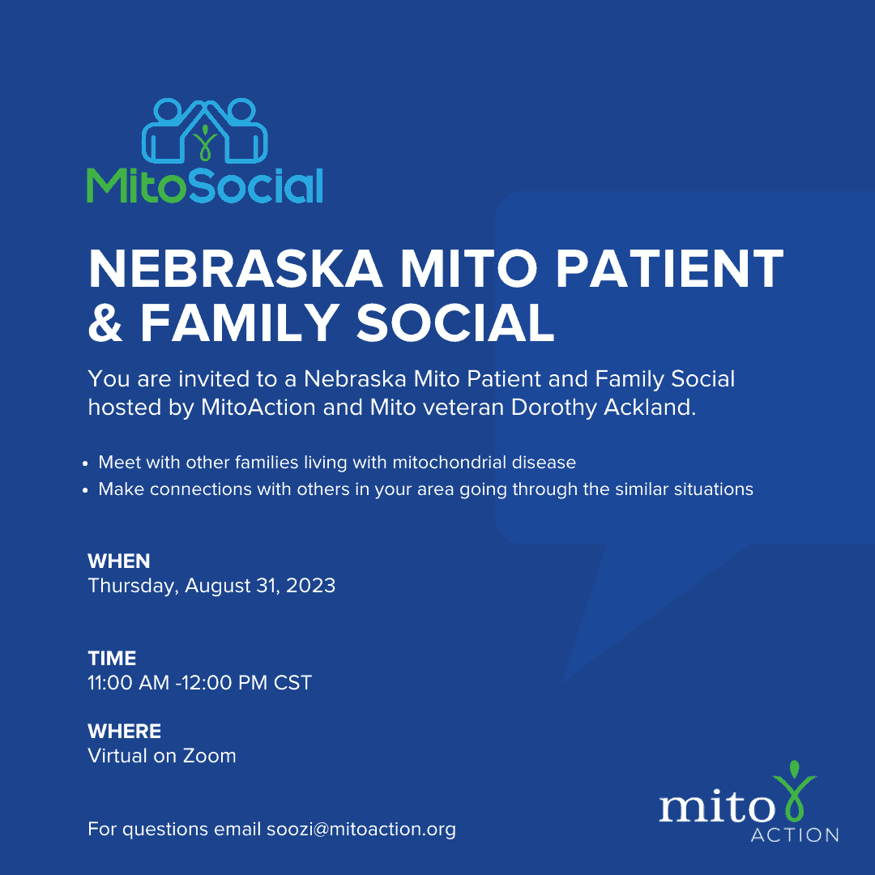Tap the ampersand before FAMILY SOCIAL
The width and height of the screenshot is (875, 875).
105,322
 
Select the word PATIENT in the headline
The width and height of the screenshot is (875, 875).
669,270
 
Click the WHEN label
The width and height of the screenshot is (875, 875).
119,561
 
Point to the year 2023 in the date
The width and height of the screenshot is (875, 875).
310,586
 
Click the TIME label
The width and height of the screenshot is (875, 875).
112,659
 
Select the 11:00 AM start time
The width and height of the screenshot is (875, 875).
128,682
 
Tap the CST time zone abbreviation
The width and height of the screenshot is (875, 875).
292,682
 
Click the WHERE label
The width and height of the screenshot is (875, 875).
125,731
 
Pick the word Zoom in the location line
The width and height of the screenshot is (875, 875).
210,756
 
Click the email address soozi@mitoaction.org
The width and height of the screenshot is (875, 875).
361,830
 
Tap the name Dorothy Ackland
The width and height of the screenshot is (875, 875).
604,407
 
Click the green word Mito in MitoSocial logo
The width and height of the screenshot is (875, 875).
135,186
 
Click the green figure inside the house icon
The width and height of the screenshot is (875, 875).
205,143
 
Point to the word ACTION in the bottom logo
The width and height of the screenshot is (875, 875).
795,834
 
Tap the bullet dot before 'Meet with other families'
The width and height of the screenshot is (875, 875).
85,463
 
